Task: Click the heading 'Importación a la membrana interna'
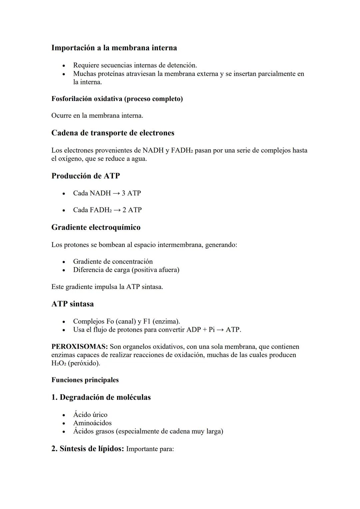tap(114, 48)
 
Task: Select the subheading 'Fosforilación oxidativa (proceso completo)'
tap(117, 99)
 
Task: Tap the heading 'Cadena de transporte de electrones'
tap(113, 133)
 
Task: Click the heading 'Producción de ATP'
tap(86, 176)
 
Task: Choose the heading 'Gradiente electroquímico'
tap(96, 227)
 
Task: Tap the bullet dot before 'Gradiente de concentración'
tap(63, 262)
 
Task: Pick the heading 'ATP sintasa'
tap(73, 304)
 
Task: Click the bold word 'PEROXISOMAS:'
tap(79, 347)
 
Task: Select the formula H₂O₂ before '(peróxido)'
tap(59, 363)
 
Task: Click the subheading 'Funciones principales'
tap(85, 380)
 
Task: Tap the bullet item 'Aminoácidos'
tap(92, 423)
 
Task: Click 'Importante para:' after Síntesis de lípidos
tap(150, 449)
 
